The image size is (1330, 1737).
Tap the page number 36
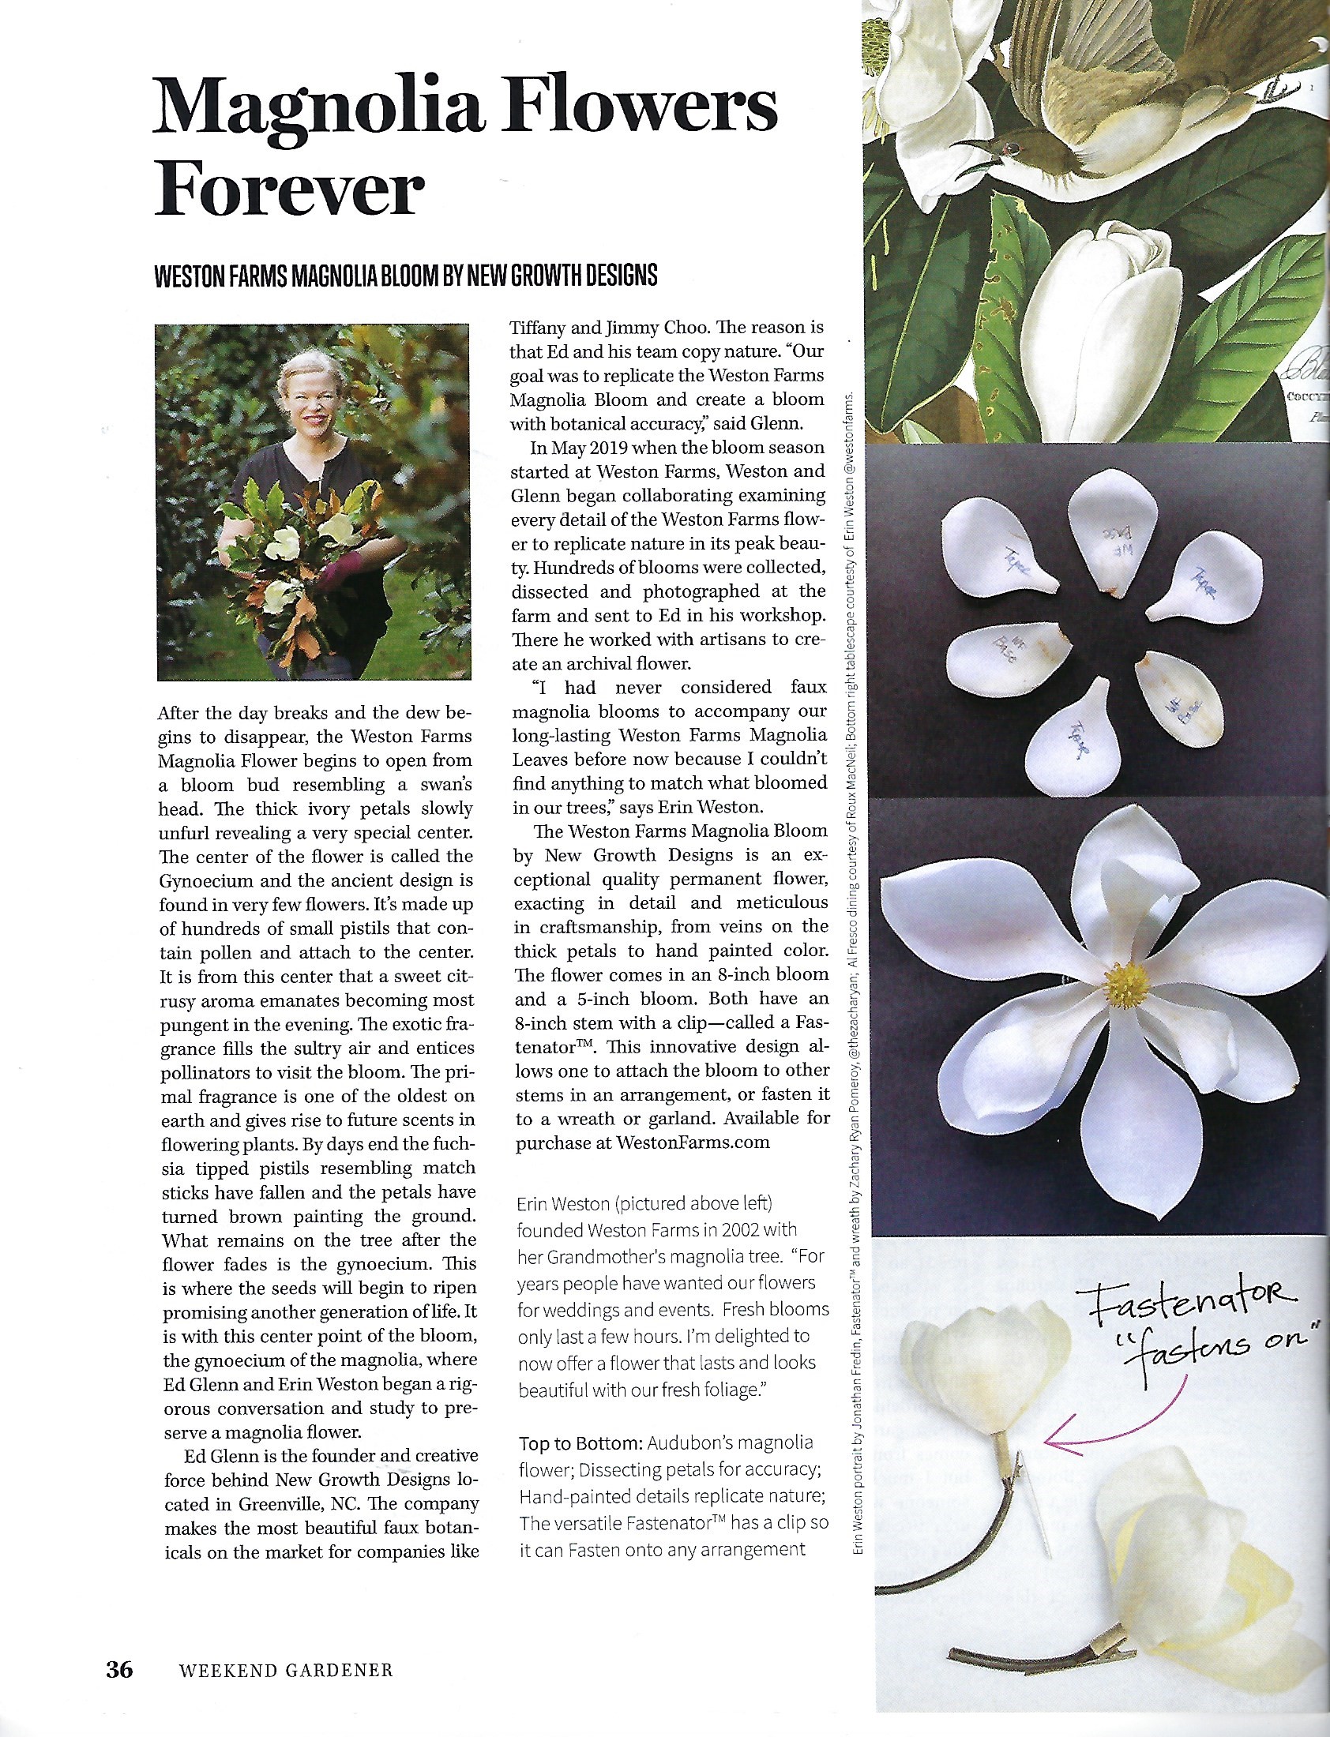(x=120, y=1670)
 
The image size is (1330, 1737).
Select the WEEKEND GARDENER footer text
(x=286, y=1671)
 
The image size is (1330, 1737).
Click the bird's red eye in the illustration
(x=1009, y=147)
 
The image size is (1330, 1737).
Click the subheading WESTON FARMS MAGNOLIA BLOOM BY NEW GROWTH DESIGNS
(x=405, y=276)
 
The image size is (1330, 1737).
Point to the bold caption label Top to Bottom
(x=580, y=1442)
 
